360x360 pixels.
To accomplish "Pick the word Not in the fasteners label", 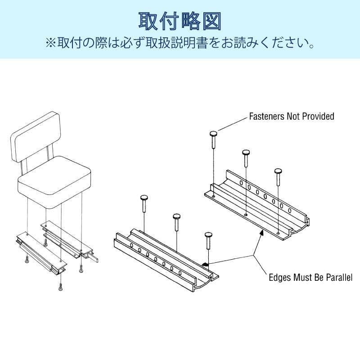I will click(293, 117).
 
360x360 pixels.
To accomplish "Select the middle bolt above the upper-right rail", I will click(246, 153).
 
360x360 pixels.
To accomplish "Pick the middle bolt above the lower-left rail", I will click(177, 217).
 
